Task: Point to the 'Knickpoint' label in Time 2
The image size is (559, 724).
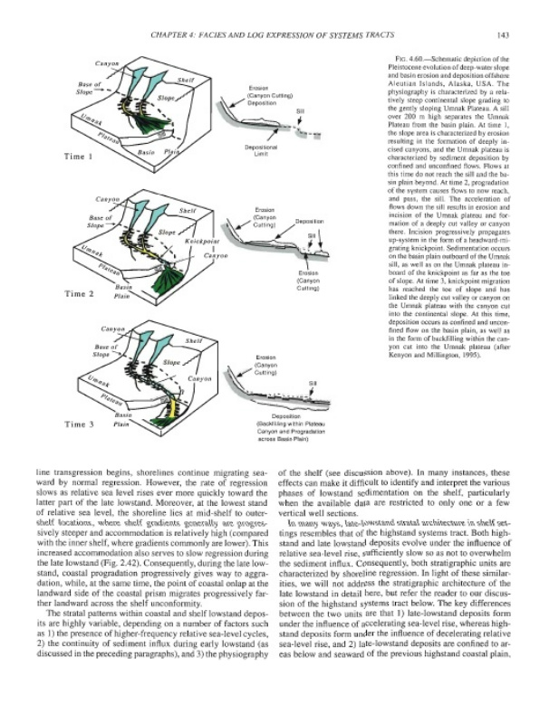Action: coord(204,243)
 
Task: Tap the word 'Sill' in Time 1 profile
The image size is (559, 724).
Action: coord(299,110)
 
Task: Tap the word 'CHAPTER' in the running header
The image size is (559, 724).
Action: coord(177,35)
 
